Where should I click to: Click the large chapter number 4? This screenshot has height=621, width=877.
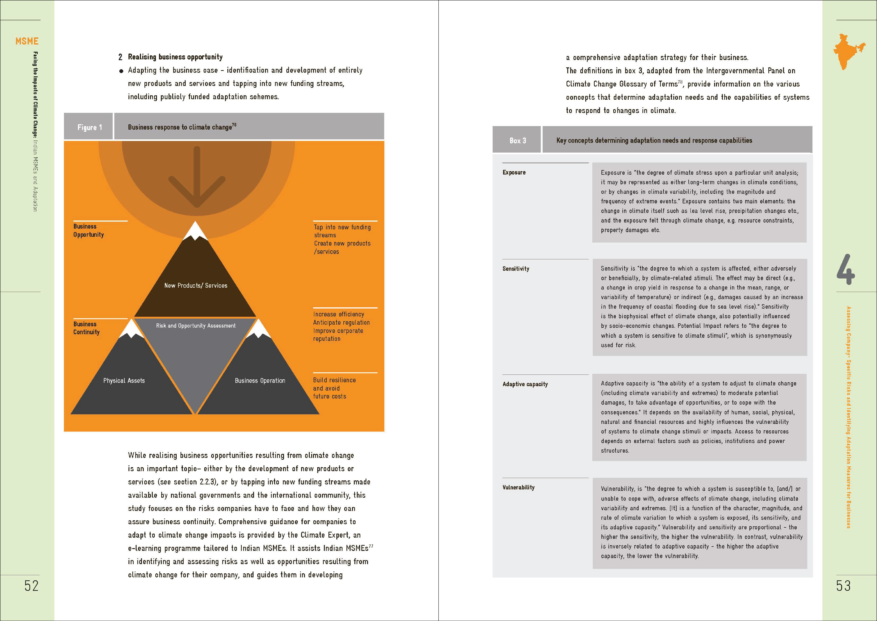[845, 270]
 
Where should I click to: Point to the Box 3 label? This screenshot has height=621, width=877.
[518, 140]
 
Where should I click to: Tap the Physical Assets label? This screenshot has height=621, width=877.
[124, 380]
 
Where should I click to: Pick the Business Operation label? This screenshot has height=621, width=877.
[260, 380]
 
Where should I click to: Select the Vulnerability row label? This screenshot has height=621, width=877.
[518, 487]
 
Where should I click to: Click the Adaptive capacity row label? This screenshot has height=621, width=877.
[525, 384]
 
